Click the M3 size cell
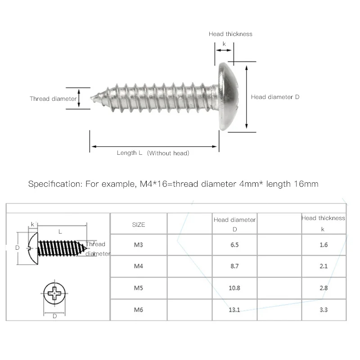(x=139, y=245)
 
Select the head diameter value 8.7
(x=234, y=266)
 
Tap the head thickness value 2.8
(x=324, y=288)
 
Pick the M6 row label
(x=139, y=310)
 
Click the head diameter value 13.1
(x=234, y=310)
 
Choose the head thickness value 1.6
(x=324, y=245)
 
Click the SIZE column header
(x=139, y=225)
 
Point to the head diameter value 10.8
(x=234, y=288)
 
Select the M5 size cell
(x=139, y=288)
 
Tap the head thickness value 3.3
(x=324, y=310)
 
